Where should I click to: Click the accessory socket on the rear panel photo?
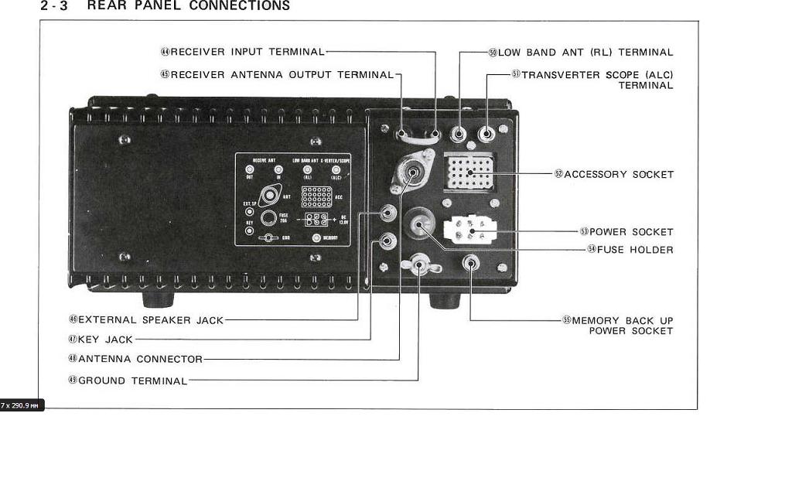click(x=470, y=172)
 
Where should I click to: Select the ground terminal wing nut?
click(x=420, y=266)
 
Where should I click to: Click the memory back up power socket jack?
click(x=470, y=264)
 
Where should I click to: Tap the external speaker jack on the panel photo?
click(x=389, y=213)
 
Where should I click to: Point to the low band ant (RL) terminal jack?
click(x=459, y=134)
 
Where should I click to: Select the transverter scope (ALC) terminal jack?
click(x=486, y=134)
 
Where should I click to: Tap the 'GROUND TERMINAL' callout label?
click(x=132, y=381)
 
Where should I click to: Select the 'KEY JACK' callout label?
click(x=105, y=340)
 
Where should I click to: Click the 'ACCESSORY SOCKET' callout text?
click(x=618, y=175)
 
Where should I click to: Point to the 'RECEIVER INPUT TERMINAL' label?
click(x=247, y=52)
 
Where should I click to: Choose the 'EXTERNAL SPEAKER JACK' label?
click(x=150, y=319)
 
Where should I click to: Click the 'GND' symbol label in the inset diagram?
click(x=285, y=238)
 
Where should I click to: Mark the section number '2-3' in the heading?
click(x=54, y=6)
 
